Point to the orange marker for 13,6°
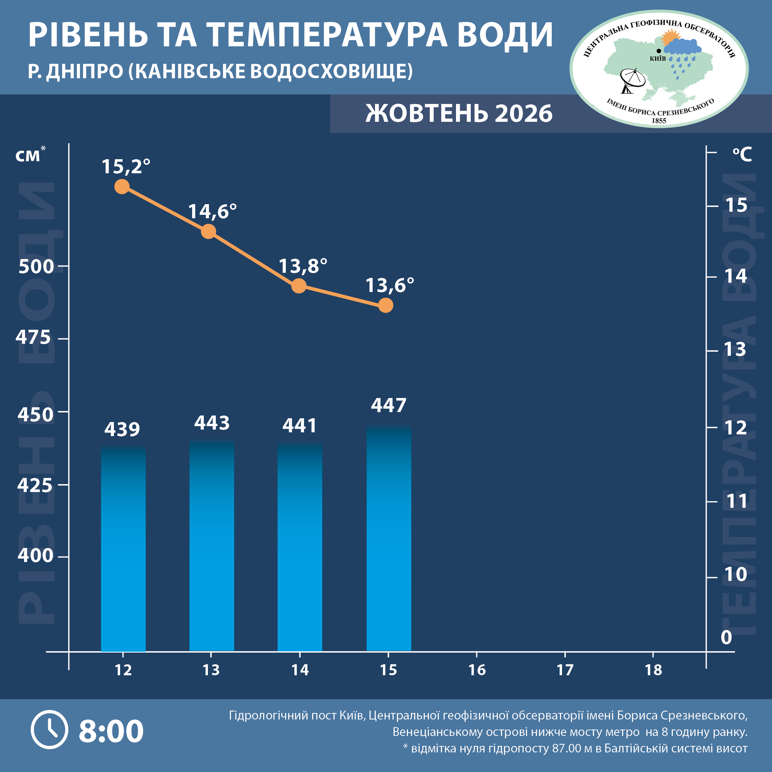pyautogui.click(x=386, y=305)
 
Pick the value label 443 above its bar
pyautogui.click(x=212, y=423)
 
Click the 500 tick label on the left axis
pyautogui.click(x=36, y=267)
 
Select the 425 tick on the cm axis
pyautogui.click(x=35, y=485)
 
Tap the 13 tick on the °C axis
pyautogui.click(x=736, y=350)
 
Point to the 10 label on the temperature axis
pyautogui.click(x=736, y=575)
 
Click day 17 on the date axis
pyautogui.click(x=565, y=670)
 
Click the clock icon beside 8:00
pyautogui.click(x=49, y=730)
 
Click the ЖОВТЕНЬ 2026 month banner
pyautogui.click(x=459, y=113)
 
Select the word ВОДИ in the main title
pyautogui.click(x=505, y=35)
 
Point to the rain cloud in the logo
pyautogui.click(x=682, y=47)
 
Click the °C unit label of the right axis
pyautogui.click(x=742, y=154)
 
